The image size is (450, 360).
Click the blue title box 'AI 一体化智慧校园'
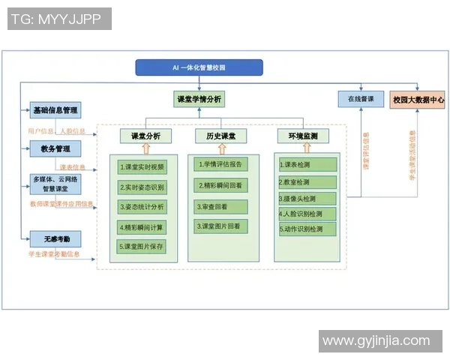[199, 67]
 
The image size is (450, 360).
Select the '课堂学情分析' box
[198, 99]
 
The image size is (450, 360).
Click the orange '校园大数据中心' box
[418, 99]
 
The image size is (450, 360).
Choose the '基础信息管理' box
[55, 111]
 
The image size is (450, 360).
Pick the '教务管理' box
[55, 148]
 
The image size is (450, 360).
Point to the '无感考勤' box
[55, 239]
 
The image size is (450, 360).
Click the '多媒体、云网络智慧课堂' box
[55, 184]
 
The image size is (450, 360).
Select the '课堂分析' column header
[145, 136]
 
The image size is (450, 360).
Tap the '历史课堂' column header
[221, 136]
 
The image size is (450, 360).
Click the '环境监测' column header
[303, 136]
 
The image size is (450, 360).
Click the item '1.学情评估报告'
[222, 164]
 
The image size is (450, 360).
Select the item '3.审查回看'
[222, 205]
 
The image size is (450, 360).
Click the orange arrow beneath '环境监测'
[303, 148]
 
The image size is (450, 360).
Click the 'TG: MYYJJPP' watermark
[59, 19]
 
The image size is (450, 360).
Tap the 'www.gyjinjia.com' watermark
[376, 341]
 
